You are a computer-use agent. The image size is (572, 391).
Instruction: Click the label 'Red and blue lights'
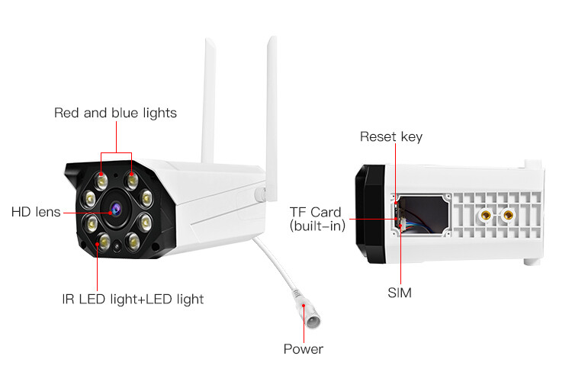pyautogui.click(x=115, y=113)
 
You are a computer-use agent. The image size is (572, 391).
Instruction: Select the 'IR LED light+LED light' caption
pyautogui.click(x=133, y=299)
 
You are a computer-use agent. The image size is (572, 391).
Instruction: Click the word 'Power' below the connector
pyautogui.click(x=303, y=349)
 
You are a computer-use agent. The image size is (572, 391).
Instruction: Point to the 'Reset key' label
pyautogui.click(x=390, y=137)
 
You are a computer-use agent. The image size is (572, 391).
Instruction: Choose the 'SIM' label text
pyautogui.click(x=399, y=292)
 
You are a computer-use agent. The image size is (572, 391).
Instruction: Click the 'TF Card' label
pyautogui.click(x=315, y=212)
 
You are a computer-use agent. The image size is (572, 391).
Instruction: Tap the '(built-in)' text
pyautogui.click(x=317, y=226)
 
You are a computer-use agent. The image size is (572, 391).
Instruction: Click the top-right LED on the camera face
pyautogui.click(x=132, y=180)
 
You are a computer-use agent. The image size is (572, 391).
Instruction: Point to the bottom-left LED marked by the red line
pyautogui.click(x=100, y=242)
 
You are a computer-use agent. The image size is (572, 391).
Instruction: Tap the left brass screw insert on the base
pyautogui.click(x=483, y=217)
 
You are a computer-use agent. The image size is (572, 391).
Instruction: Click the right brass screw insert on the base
pyautogui.click(x=506, y=218)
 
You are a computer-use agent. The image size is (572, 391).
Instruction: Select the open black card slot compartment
pyautogui.click(x=423, y=216)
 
